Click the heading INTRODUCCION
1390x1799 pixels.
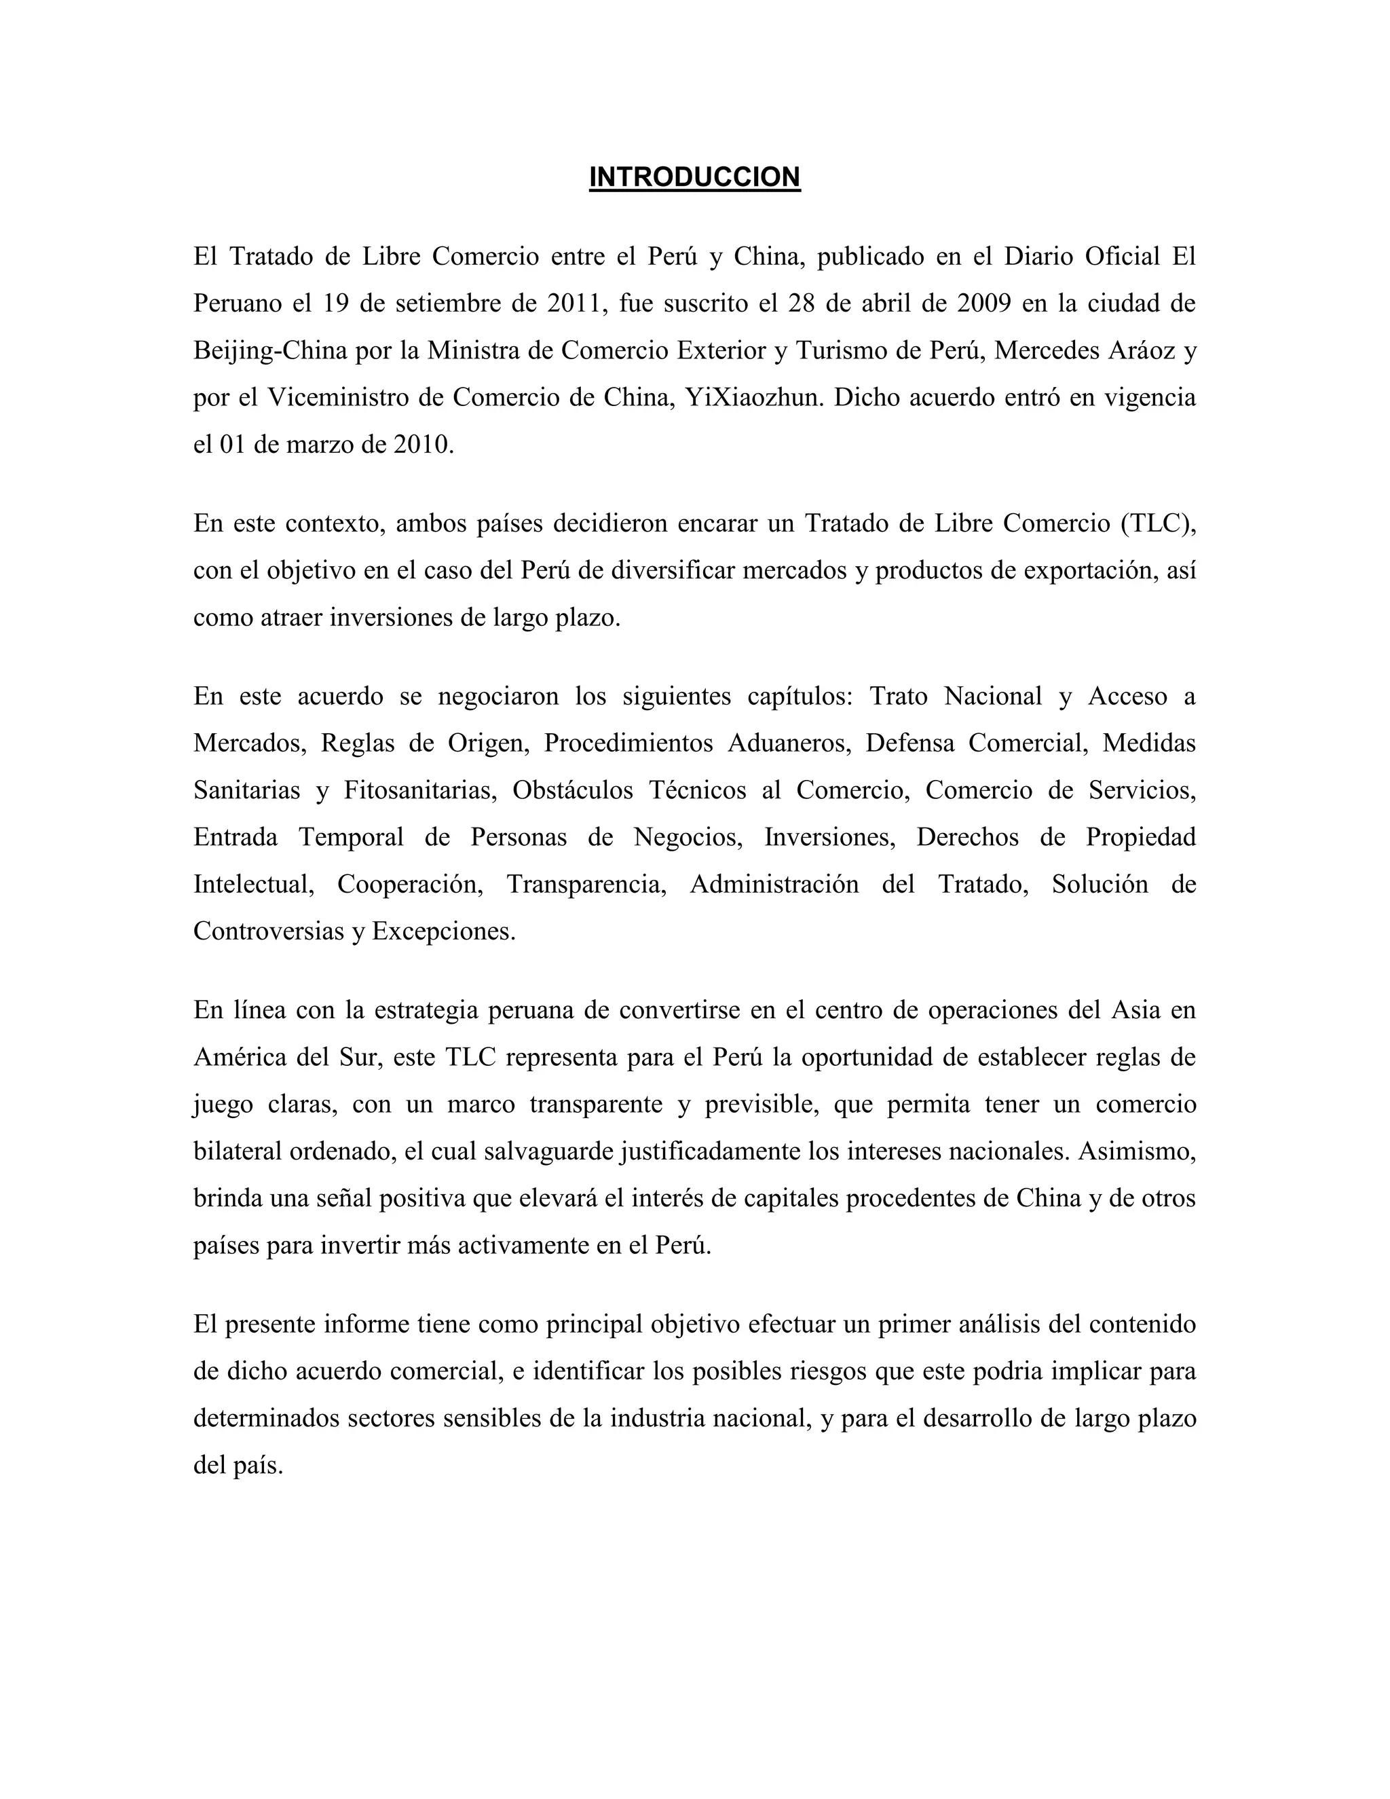pos(694,177)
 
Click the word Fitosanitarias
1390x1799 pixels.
pos(420,790)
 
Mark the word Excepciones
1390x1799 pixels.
pos(443,931)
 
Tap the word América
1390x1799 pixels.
pos(240,1057)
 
